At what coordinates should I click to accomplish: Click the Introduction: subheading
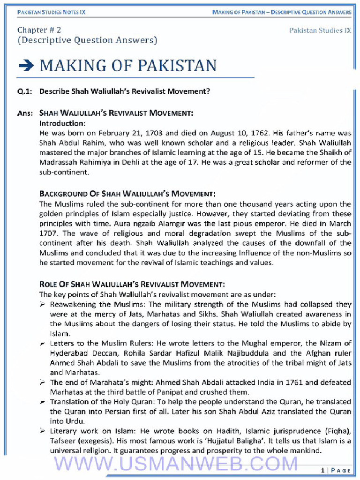[x=62, y=124]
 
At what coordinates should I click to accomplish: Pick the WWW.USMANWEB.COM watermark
[x=176, y=464]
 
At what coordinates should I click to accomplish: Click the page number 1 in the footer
[x=323, y=470]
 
